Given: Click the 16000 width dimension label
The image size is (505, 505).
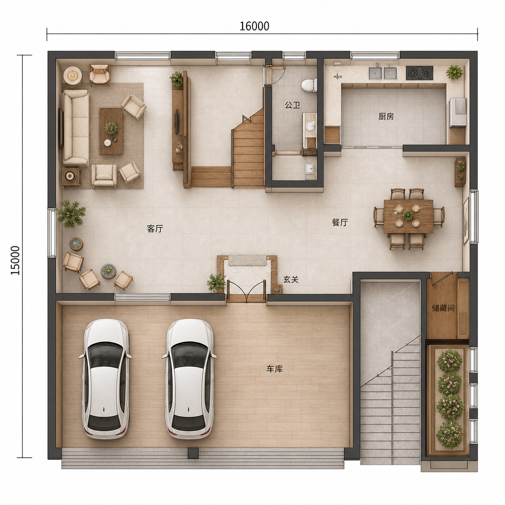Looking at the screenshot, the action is (254, 26).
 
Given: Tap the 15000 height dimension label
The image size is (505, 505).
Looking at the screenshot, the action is (15, 260).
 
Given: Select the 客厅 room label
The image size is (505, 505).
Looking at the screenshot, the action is (155, 229).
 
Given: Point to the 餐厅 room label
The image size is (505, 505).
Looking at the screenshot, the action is (340, 222).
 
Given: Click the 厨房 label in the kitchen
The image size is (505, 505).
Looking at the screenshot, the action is (386, 116).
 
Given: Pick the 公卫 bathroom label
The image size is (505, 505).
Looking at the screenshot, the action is (292, 105).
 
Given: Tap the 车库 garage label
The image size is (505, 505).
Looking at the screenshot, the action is (274, 369).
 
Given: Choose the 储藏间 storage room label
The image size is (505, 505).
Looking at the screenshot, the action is (443, 308).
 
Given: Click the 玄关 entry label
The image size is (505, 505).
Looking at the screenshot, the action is (291, 280).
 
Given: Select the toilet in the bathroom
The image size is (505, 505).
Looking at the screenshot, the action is (309, 85).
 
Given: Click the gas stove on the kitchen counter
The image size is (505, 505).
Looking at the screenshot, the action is (419, 73).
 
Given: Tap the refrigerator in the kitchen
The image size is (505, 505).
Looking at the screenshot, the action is (458, 112).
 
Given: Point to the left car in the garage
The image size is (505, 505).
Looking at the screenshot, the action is (106, 379).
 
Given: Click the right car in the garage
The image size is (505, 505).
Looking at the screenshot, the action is (189, 379).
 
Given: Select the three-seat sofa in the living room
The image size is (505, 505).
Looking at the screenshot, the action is (75, 128).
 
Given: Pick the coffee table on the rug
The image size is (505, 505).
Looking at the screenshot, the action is (111, 131).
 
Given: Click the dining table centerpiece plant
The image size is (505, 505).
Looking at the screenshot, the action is (408, 215).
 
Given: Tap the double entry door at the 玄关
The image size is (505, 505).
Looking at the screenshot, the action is (247, 291).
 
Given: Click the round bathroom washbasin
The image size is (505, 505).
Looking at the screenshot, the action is (310, 126).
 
